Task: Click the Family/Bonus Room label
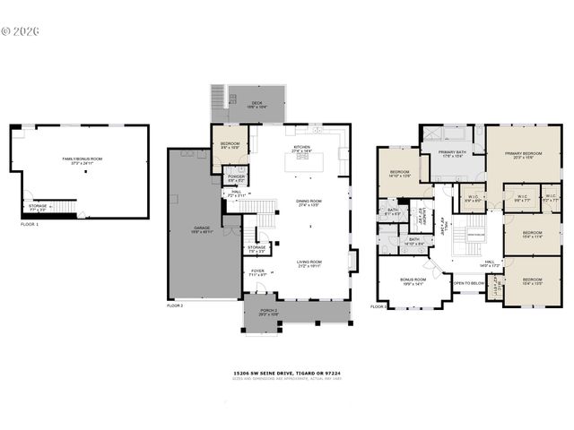[82, 160]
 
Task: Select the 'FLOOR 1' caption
[30, 224]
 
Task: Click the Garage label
[201, 230]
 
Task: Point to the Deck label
[257, 104]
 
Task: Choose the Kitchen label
[300, 150]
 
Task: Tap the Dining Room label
[309, 203]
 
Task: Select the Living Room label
[309, 263]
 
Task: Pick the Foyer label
[257, 271]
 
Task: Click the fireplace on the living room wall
[353, 261]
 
